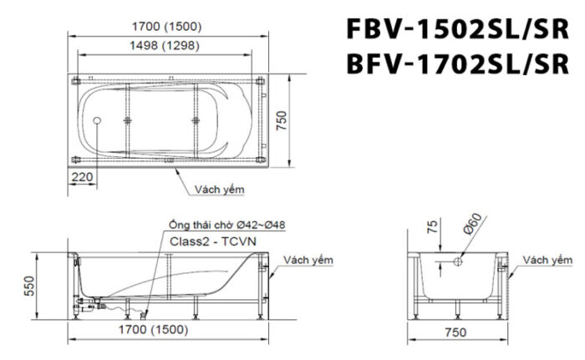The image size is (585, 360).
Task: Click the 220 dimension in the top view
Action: point(83,177)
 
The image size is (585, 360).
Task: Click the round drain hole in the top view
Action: point(99,122)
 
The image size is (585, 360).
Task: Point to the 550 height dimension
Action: point(29,285)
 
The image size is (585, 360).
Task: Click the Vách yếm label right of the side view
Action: point(308,260)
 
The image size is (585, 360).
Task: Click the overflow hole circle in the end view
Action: point(458,263)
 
